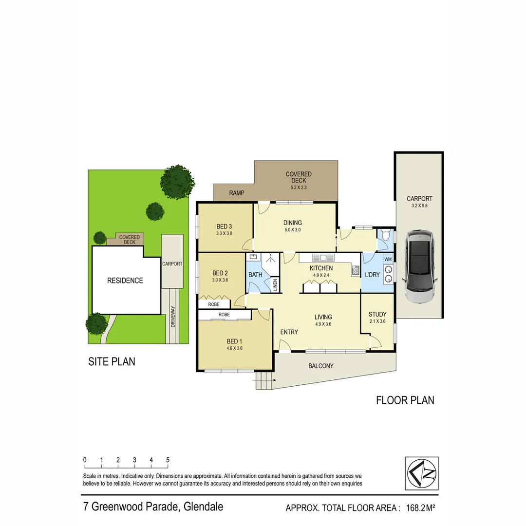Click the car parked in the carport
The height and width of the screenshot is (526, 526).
(419, 266)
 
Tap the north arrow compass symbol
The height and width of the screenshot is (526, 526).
(422, 473)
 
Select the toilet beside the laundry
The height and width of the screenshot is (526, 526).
(386, 238)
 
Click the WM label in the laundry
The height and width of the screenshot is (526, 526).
(388, 260)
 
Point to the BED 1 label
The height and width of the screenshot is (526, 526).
(234, 341)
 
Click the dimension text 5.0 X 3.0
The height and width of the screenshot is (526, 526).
(293, 230)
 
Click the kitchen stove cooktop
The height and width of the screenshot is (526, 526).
(356, 270)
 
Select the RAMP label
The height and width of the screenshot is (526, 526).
(237, 193)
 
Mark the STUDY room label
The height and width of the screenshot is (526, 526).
(377, 314)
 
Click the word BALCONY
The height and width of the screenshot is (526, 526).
(321, 366)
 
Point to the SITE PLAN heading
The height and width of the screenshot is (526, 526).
(112, 361)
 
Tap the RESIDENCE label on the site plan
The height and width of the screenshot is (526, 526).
(125, 281)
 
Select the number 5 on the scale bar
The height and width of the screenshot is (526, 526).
(168, 460)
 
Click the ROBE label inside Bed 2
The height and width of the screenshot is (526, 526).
(214, 304)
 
